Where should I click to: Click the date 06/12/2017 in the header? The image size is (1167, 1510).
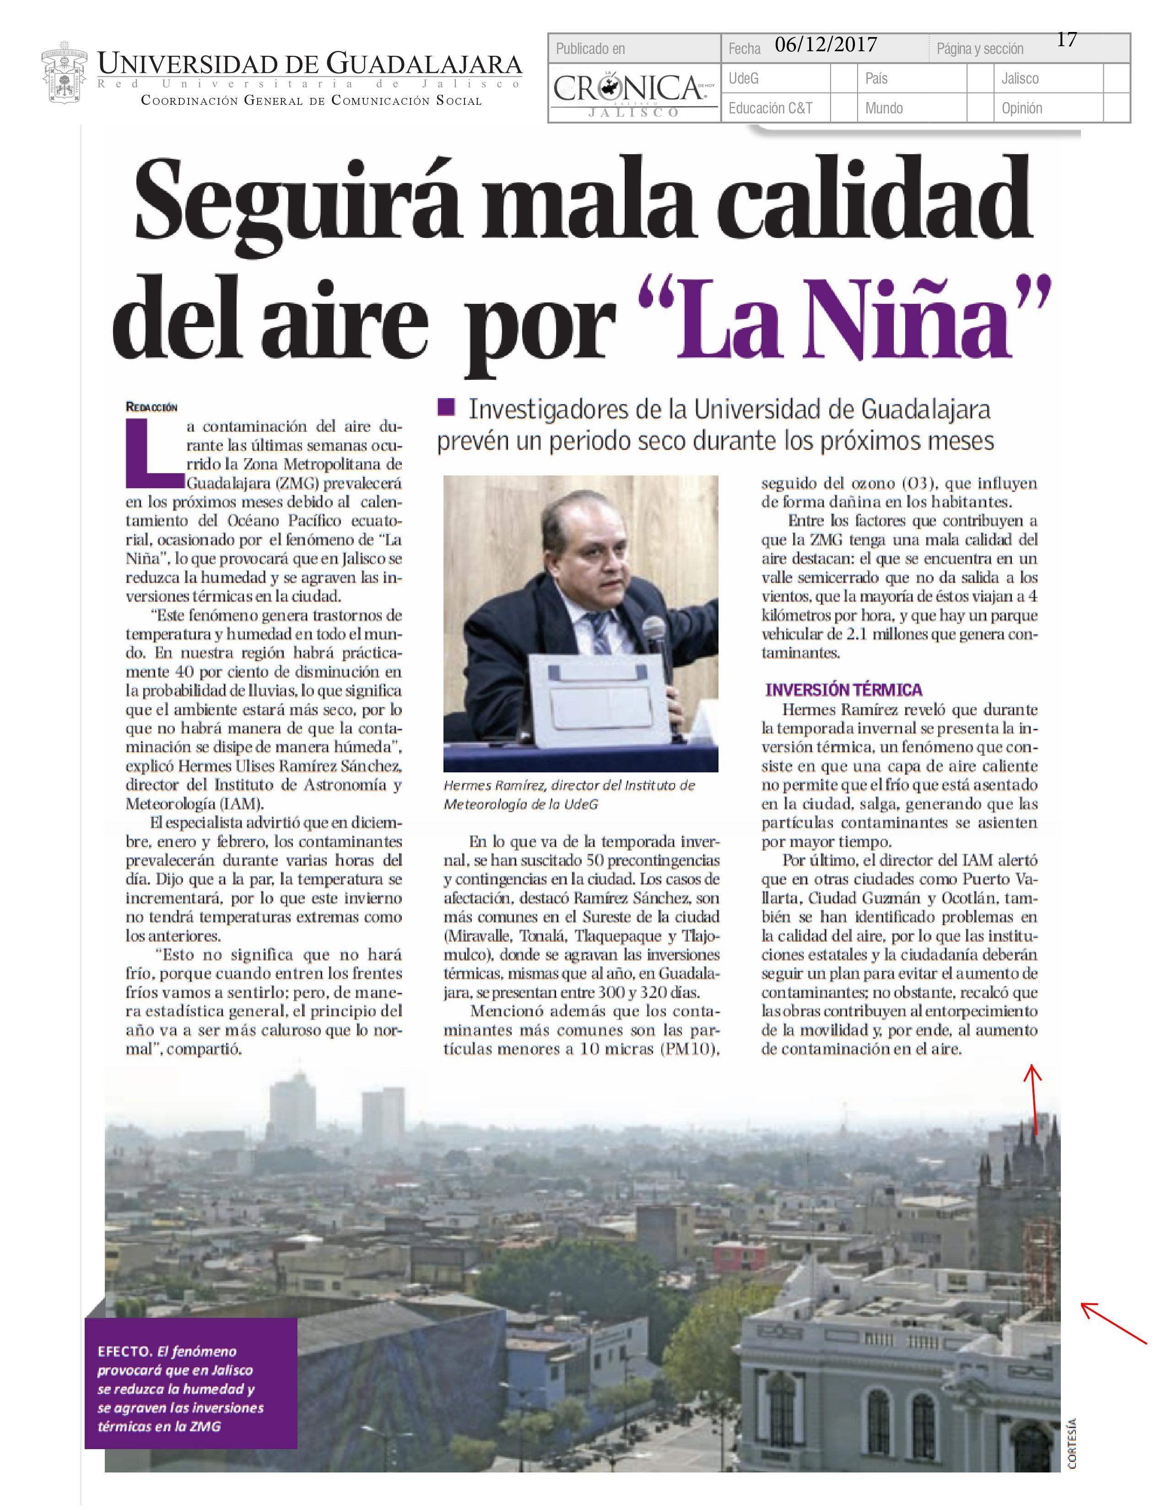[x=826, y=46]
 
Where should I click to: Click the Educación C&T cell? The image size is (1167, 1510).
[x=770, y=108]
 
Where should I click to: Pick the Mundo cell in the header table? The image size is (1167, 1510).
[x=884, y=108]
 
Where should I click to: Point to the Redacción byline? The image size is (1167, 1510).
[x=151, y=407]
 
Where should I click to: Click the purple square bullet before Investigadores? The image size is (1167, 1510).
[x=446, y=407]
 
